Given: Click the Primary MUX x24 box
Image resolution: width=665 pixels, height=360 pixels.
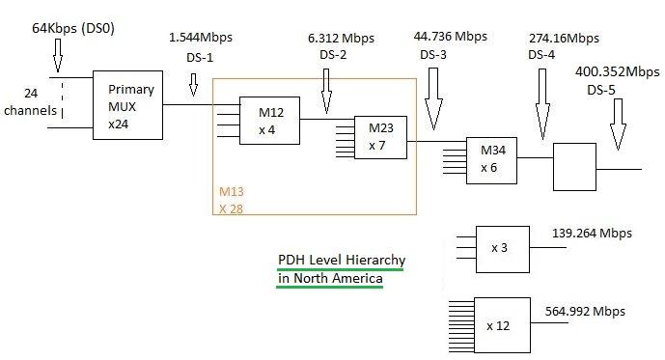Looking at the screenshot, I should pos(129,105).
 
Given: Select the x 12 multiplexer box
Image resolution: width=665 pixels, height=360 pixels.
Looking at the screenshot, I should pos(501,324).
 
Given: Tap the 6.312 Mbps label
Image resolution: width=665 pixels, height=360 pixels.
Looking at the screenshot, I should pos(347,38).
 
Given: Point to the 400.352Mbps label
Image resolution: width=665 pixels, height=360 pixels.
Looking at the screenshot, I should pos(619,70).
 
